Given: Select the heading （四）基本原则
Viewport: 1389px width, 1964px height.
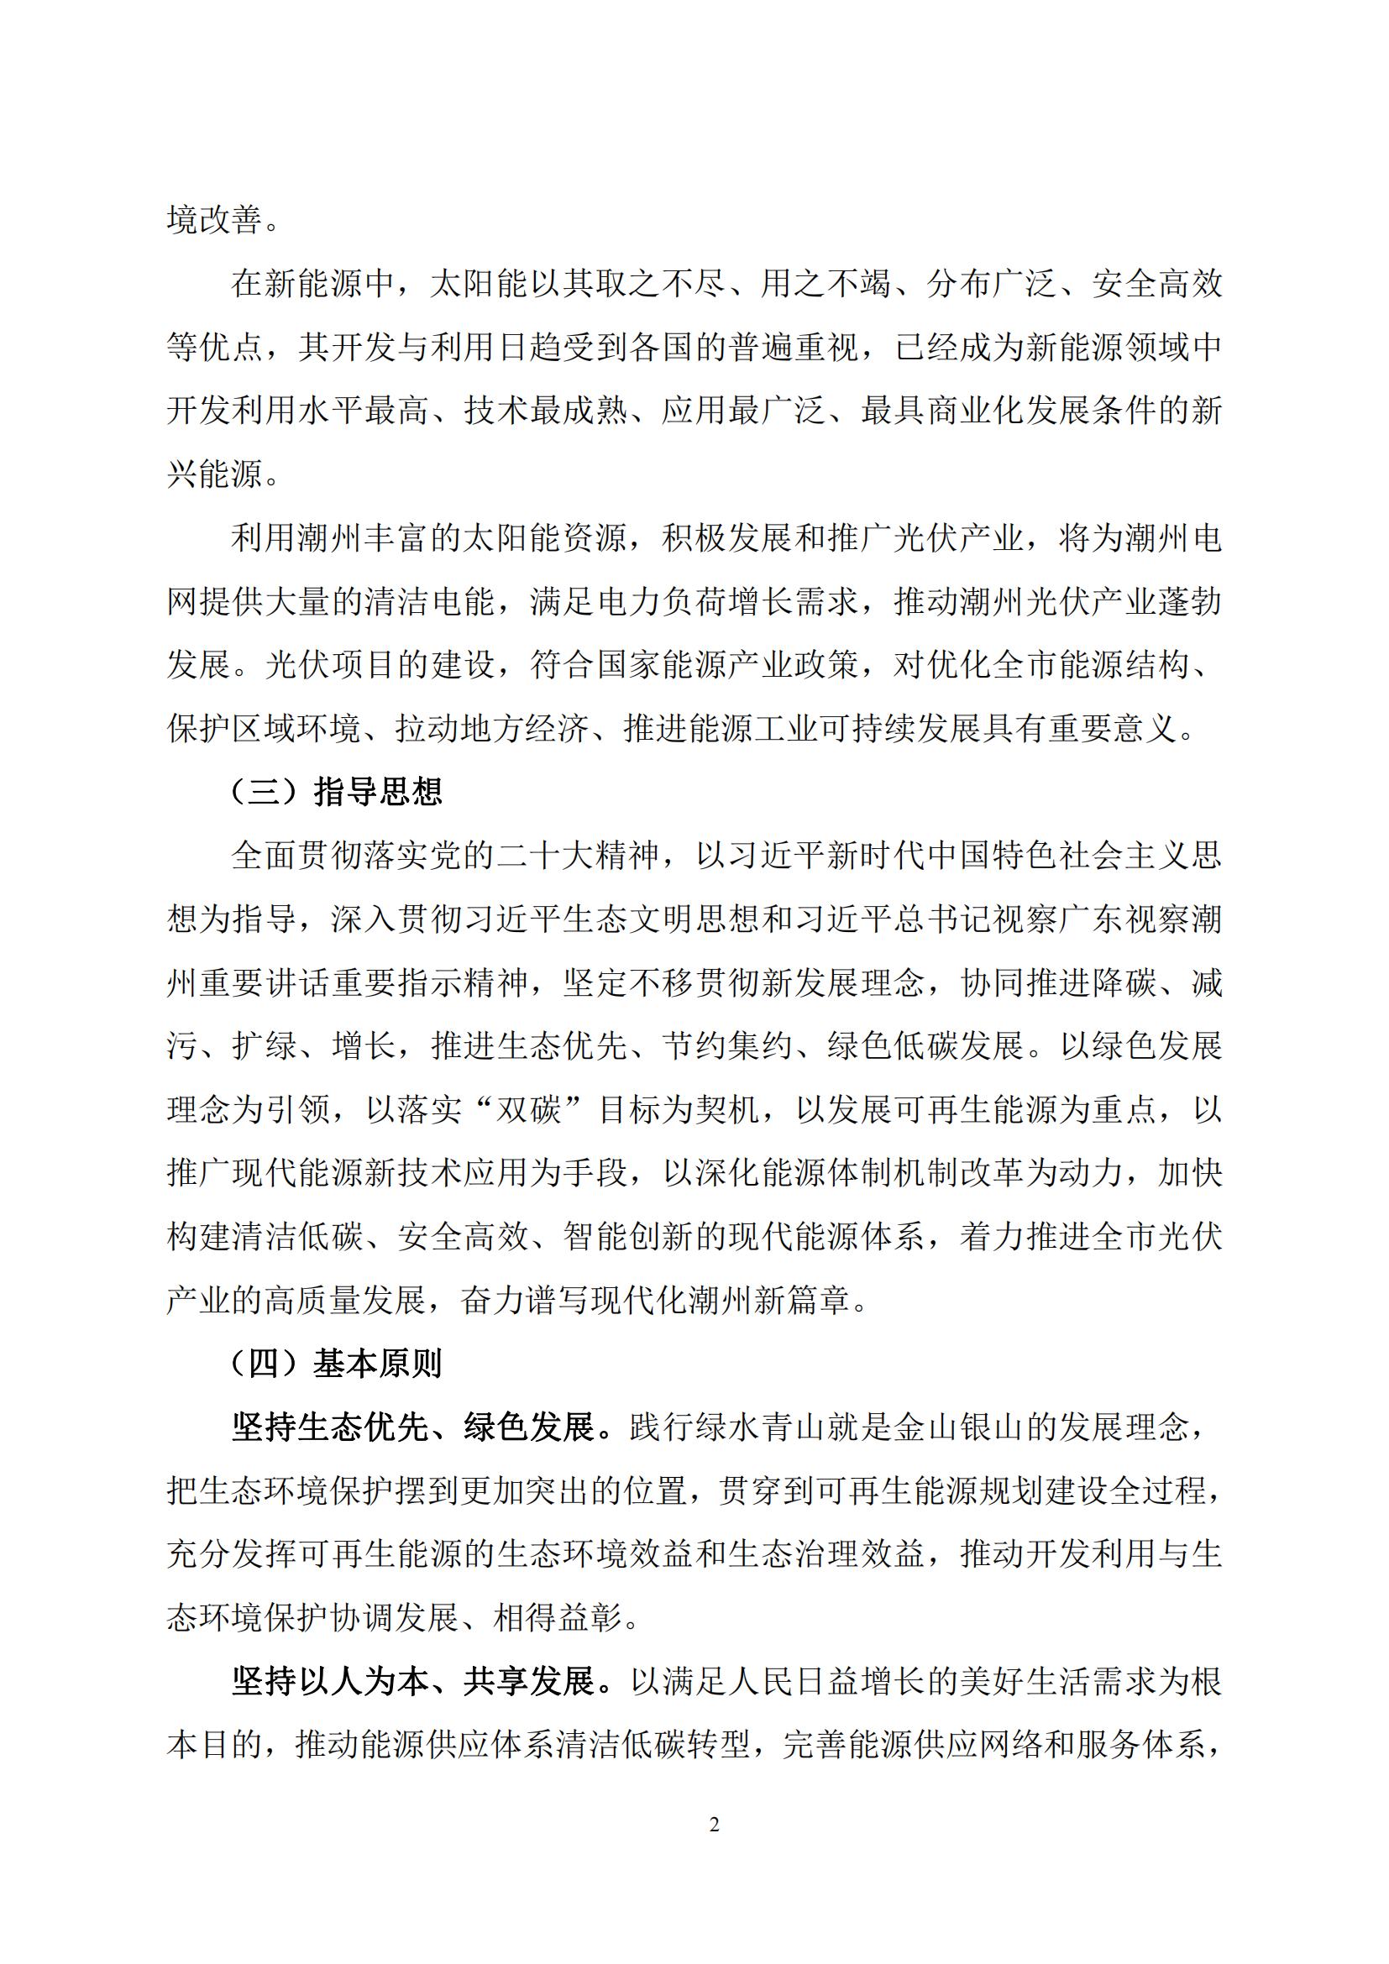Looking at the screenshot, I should tap(336, 1364).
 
